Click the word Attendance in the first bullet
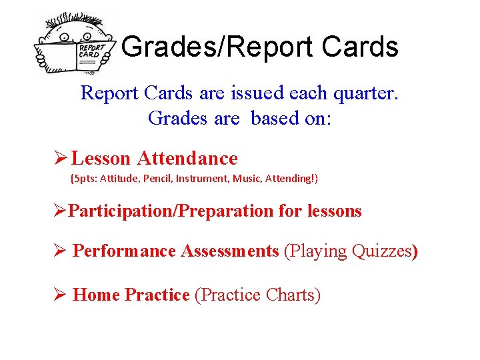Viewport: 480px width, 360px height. click(x=187, y=158)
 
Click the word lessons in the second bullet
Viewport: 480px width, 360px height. click(x=335, y=211)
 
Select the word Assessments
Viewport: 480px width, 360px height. click(x=238, y=251)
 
